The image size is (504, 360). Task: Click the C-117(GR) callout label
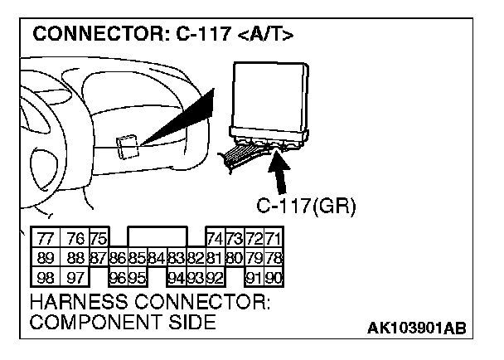tap(305, 207)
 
